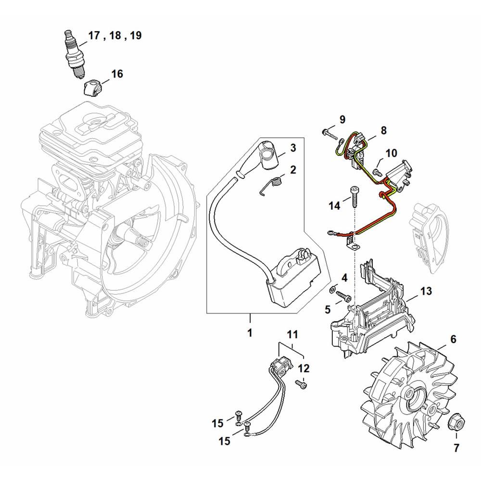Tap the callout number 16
pyautogui.click(x=117, y=74)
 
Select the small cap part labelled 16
pyautogui.click(x=91, y=88)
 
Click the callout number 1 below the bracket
pyautogui.click(x=250, y=332)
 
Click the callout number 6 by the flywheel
pyautogui.click(x=453, y=339)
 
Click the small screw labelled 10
pyautogui.click(x=378, y=172)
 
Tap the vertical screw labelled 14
pyautogui.click(x=354, y=196)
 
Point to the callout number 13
pyautogui.click(x=426, y=291)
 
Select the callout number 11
pyautogui.click(x=292, y=334)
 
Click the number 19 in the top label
pyautogui.click(x=136, y=35)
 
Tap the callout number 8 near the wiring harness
pyautogui.click(x=383, y=130)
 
